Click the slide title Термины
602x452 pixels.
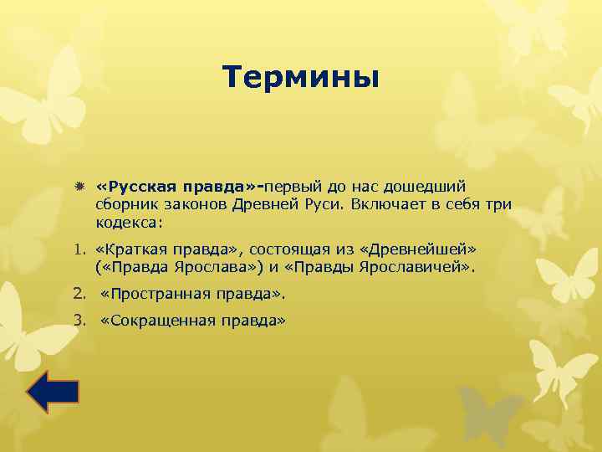coord(301,78)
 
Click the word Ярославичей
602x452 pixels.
coord(422,269)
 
